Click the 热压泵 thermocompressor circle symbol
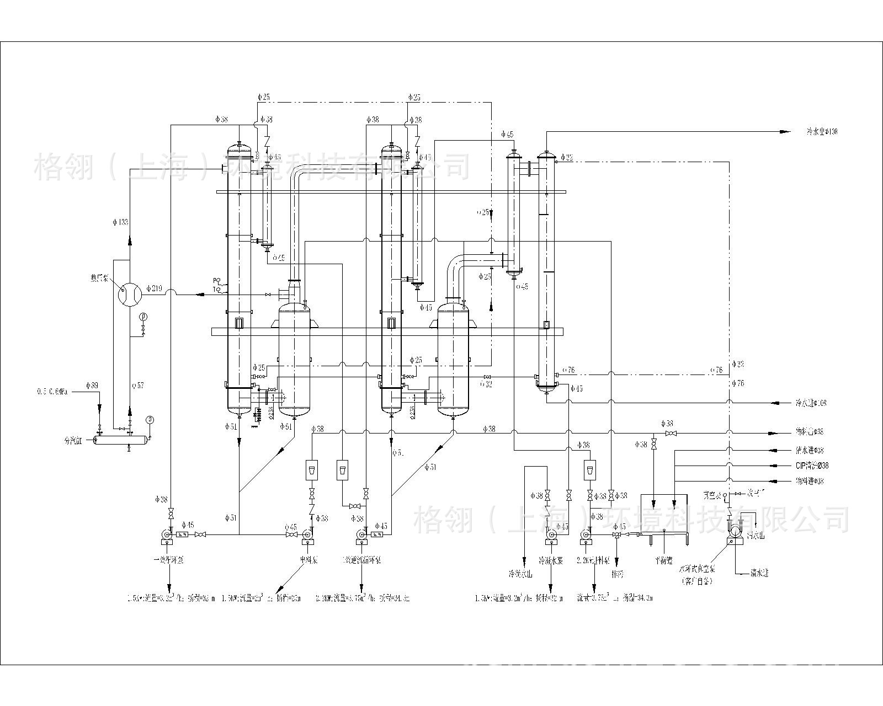click(x=130, y=293)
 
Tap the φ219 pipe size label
click(x=155, y=288)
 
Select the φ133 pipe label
click(x=120, y=222)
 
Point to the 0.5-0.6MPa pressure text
click(x=52, y=392)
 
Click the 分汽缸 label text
click(x=72, y=441)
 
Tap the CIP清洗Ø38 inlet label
click(x=812, y=466)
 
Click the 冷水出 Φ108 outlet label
click(x=822, y=132)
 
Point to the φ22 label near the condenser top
click(x=566, y=158)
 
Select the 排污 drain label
click(x=618, y=574)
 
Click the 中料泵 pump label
click(x=307, y=560)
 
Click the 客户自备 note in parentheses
click(x=697, y=581)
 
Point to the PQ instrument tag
click(x=216, y=280)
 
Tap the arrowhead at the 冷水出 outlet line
click(x=783, y=131)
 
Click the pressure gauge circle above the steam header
click(x=149, y=419)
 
